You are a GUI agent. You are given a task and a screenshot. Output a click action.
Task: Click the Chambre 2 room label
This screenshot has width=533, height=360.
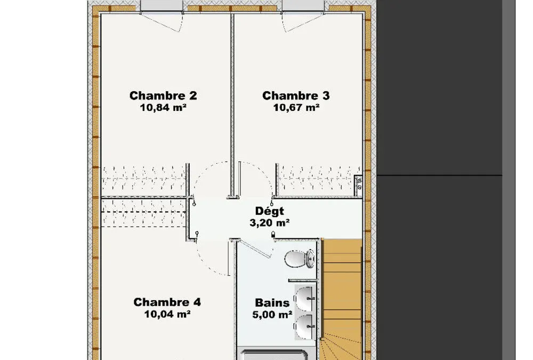[163, 95]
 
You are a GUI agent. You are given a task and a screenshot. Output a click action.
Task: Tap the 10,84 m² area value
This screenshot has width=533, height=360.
[163, 108]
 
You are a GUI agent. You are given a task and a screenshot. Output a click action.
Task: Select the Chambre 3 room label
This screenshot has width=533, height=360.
[296, 95]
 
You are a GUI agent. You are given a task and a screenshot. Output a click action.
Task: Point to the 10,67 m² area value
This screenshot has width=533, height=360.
[296, 108]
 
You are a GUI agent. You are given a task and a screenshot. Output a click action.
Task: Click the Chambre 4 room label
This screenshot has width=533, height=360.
[167, 302]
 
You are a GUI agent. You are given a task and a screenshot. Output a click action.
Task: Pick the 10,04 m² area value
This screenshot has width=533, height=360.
[167, 314]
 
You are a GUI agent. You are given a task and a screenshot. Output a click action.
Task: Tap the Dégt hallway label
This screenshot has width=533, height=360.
[270, 211]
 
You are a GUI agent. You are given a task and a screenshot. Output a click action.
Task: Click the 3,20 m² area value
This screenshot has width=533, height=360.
[270, 223]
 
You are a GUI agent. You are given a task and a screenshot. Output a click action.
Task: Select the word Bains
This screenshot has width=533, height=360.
[272, 302]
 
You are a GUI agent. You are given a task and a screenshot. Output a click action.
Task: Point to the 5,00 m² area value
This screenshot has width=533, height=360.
[272, 315]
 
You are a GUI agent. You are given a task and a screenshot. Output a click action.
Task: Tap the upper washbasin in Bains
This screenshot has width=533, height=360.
[304, 299]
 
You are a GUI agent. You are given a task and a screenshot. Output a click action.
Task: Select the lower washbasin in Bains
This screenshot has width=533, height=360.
[304, 326]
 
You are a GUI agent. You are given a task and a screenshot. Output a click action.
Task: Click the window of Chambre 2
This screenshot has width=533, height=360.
[162, 6]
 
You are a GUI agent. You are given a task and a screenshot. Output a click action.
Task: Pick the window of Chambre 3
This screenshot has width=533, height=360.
[303, 6]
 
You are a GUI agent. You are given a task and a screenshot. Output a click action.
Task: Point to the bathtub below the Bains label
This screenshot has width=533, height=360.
[274, 354]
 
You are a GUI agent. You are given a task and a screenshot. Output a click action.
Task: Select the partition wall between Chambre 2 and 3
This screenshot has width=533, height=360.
[233, 106]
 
